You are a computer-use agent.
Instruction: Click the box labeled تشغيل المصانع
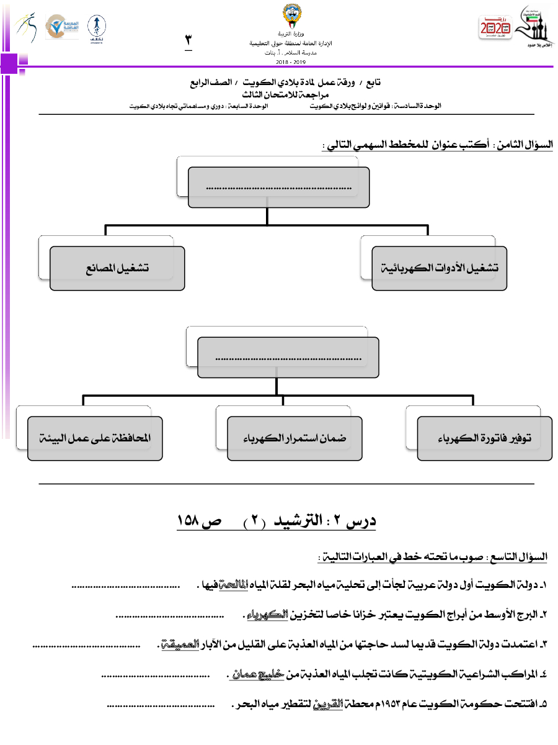tap(117, 268)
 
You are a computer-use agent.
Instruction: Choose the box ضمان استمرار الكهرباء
tap(294, 438)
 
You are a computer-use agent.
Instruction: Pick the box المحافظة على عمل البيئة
tap(95, 438)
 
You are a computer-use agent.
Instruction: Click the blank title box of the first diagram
tap(278, 186)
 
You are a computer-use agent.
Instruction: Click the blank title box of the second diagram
tap(288, 358)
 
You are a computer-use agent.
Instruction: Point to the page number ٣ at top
tap(188, 40)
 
